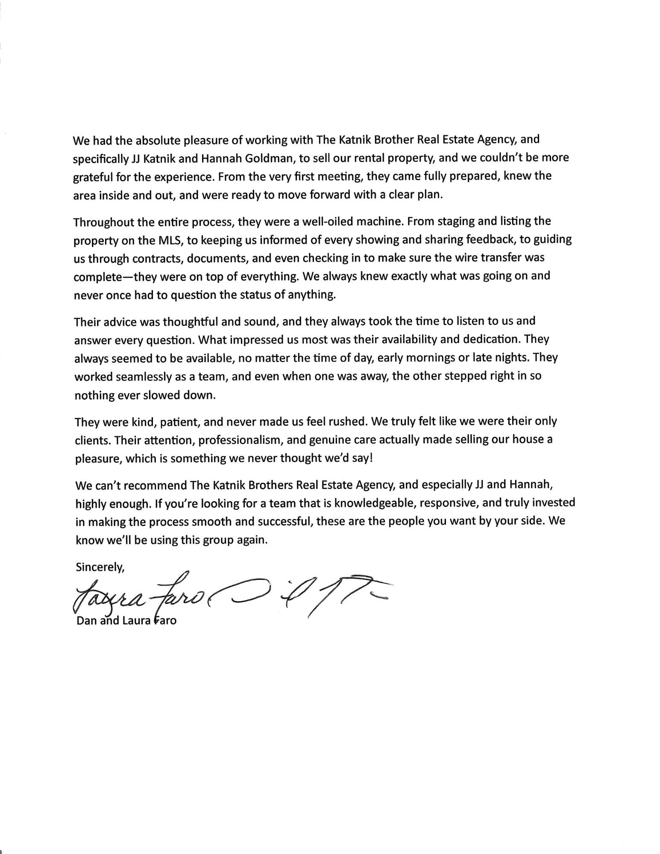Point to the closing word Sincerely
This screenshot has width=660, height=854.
point(100,567)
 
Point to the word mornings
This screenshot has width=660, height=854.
point(428,357)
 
